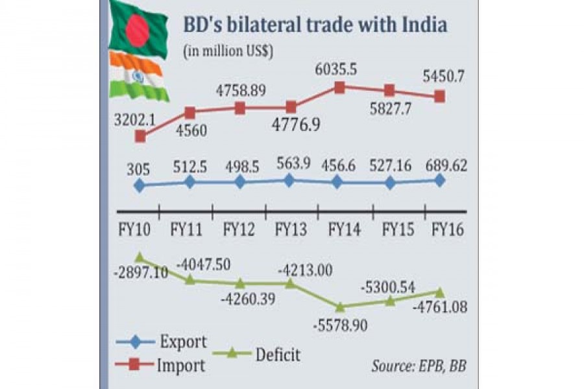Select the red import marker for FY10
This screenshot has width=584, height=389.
(140, 136)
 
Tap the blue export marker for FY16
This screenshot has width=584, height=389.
(439, 181)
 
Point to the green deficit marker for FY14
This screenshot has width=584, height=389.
(339, 306)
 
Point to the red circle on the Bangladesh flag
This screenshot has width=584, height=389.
(137, 26)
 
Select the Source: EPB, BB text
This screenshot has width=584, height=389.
(419, 366)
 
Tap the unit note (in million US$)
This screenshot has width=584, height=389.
(230, 51)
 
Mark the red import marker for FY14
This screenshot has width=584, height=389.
(339, 87)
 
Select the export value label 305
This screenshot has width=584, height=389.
(138, 170)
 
